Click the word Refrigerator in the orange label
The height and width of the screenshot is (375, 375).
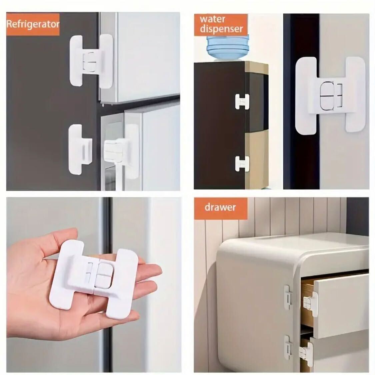click(x=33, y=24)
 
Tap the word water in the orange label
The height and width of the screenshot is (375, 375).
click(x=212, y=19)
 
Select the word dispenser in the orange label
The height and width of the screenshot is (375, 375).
click(x=221, y=29)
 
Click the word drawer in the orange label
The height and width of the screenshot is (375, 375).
click(x=220, y=207)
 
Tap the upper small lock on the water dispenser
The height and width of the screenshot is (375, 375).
click(x=242, y=102)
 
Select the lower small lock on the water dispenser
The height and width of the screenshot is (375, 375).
click(x=242, y=164)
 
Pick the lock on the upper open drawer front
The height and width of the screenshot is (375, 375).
click(x=310, y=304)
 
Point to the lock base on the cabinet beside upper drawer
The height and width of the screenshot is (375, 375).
click(x=288, y=298)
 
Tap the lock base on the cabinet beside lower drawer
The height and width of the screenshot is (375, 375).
click(x=288, y=347)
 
